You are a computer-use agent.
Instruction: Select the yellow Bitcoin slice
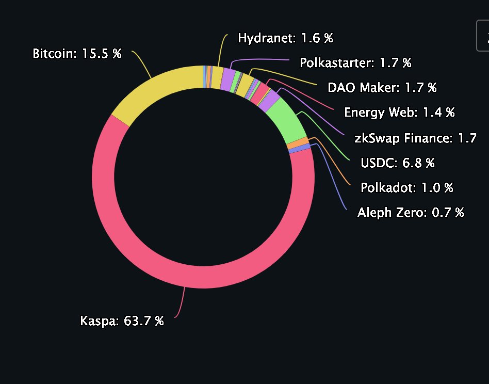[155, 88]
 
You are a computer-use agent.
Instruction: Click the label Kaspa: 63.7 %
[122, 321]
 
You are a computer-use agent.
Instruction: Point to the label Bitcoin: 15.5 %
[77, 54]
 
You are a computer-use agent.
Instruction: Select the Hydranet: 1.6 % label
[285, 38]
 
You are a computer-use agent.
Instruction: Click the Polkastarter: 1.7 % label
[355, 63]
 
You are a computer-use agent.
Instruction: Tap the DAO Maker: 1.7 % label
[382, 87]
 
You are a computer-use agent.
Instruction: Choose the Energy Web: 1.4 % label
[399, 112]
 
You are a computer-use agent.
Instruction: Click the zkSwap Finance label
[415, 138]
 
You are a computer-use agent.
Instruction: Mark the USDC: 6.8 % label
[398, 163]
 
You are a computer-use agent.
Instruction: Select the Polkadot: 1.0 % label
[407, 187]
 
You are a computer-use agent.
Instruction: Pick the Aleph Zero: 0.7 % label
[411, 212]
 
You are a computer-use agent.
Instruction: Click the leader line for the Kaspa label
[182, 305]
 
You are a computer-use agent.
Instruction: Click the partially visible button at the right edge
[483, 36]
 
